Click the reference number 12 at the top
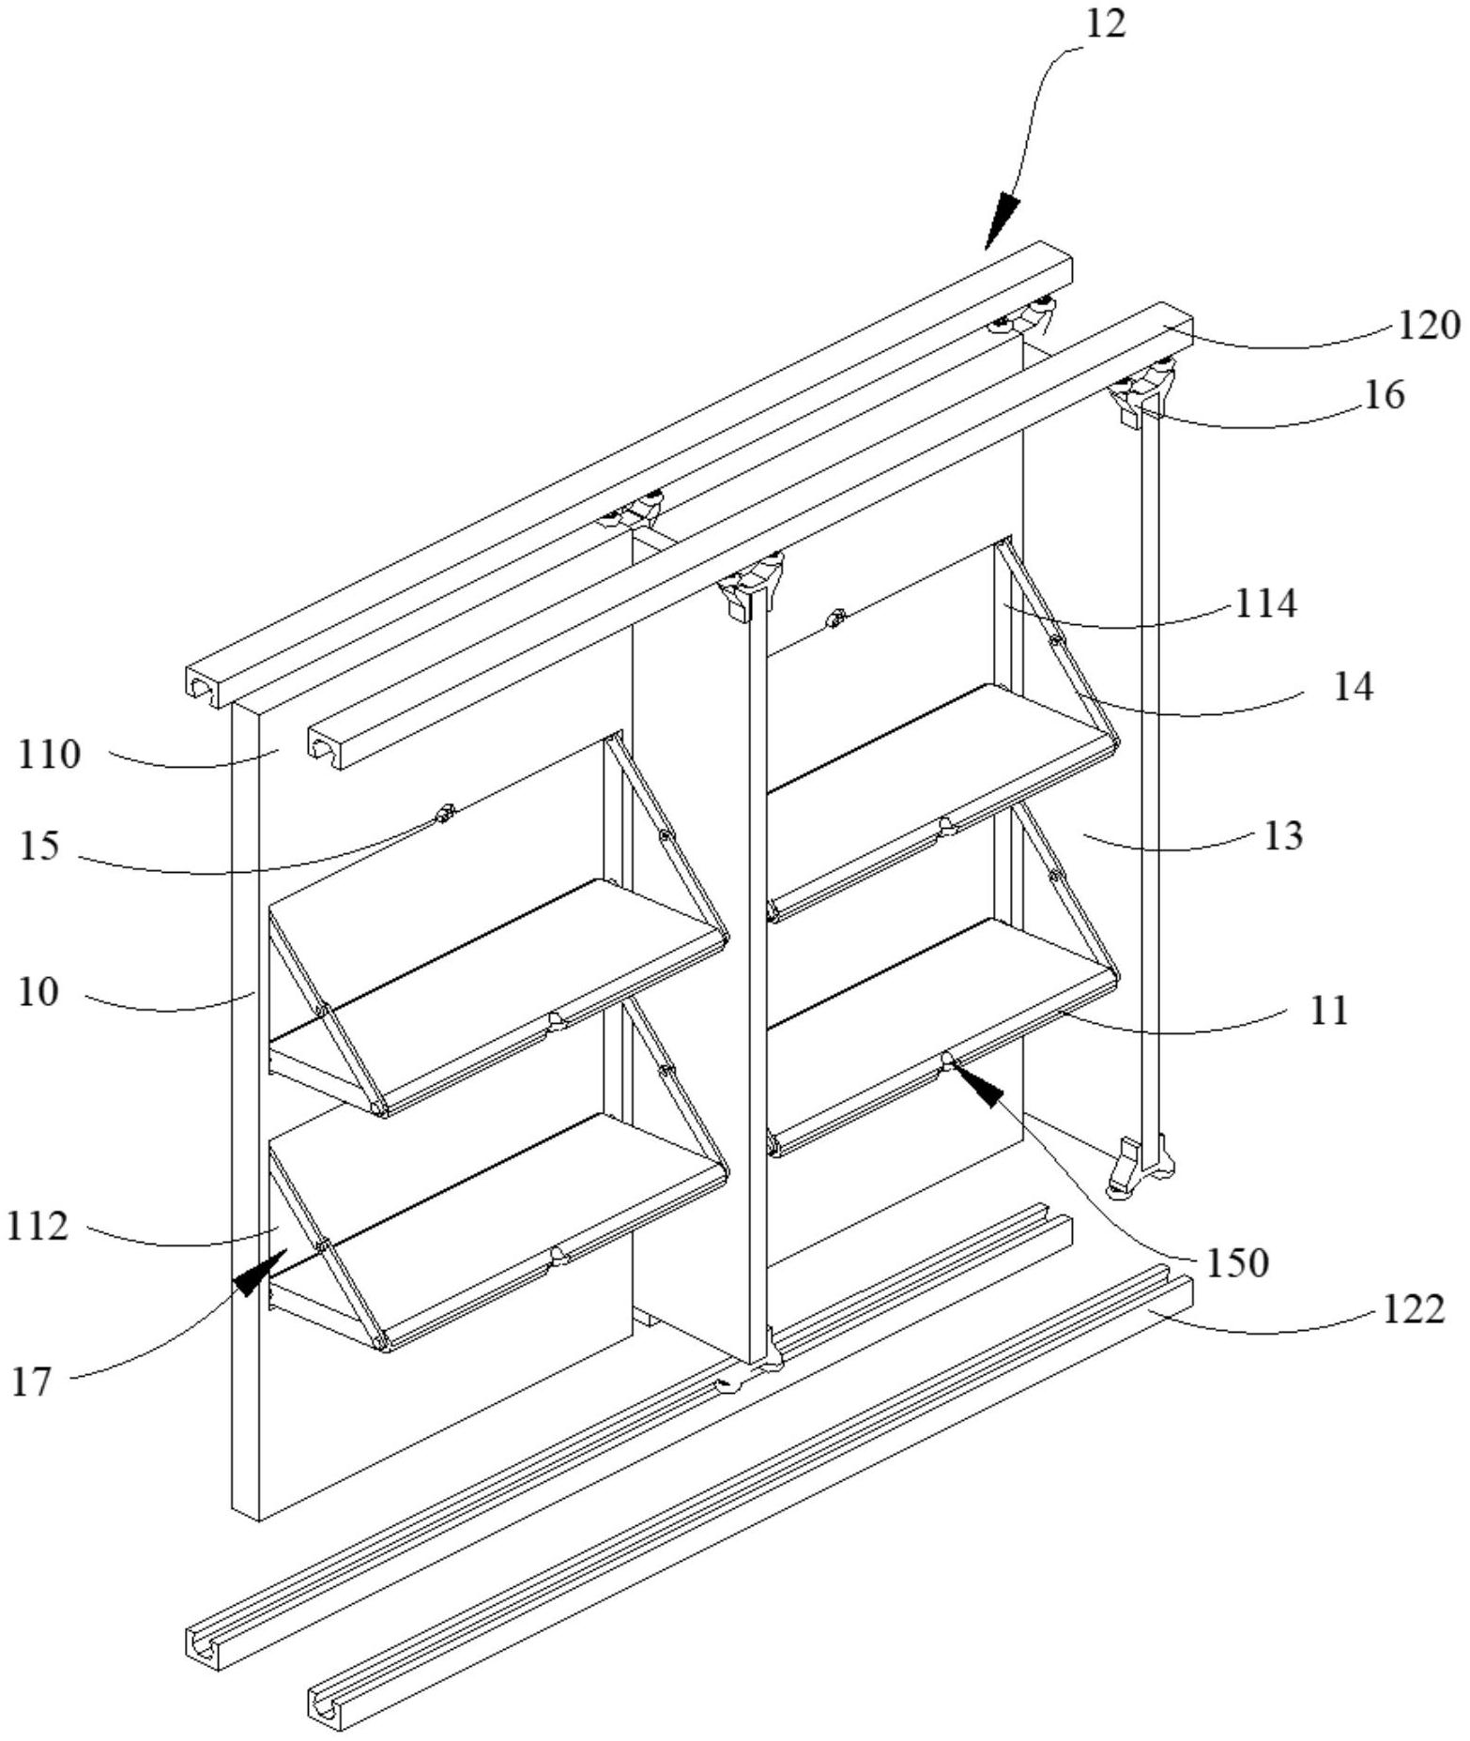pyautogui.click(x=1105, y=24)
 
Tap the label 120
pyautogui.click(x=1429, y=325)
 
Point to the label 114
pyautogui.click(x=1265, y=603)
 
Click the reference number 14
pyautogui.click(x=1353, y=687)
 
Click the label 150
pyautogui.click(x=1237, y=1263)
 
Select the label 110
pyautogui.click(x=50, y=754)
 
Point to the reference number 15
pyautogui.click(x=38, y=846)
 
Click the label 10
pyautogui.click(x=38, y=991)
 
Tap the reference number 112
pyautogui.click(x=38, y=1226)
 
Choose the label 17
pyautogui.click(x=31, y=1382)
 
